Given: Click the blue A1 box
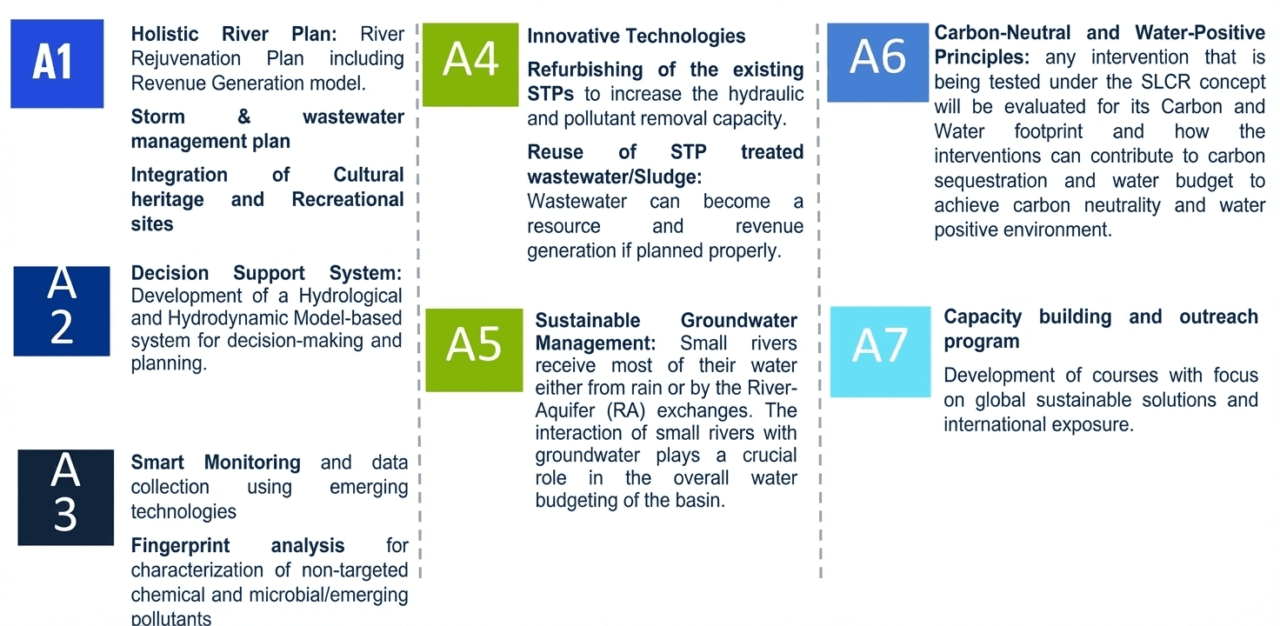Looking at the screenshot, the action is [57, 63].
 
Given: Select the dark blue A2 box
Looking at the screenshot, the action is [62, 310].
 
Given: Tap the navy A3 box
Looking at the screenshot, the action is [66, 497].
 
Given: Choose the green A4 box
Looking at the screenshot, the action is [470, 64].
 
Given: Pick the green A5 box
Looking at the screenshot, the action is [474, 350].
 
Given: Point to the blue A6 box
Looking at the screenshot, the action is [877, 63].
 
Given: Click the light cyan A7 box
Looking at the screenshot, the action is [880, 351].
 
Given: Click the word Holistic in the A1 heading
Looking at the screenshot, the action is [164, 34].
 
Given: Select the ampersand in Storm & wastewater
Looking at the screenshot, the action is [244, 117].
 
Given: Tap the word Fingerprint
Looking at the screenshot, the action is [181, 546].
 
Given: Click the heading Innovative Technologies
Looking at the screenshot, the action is [636, 36].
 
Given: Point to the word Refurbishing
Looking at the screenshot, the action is [585, 70].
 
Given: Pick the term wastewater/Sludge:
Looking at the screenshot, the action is [614, 177].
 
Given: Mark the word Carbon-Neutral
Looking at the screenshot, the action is [1003, 32].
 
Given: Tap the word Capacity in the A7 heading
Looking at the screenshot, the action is [983, 317].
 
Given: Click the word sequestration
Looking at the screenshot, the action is [990, 181].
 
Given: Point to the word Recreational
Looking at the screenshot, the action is [348, 199].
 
